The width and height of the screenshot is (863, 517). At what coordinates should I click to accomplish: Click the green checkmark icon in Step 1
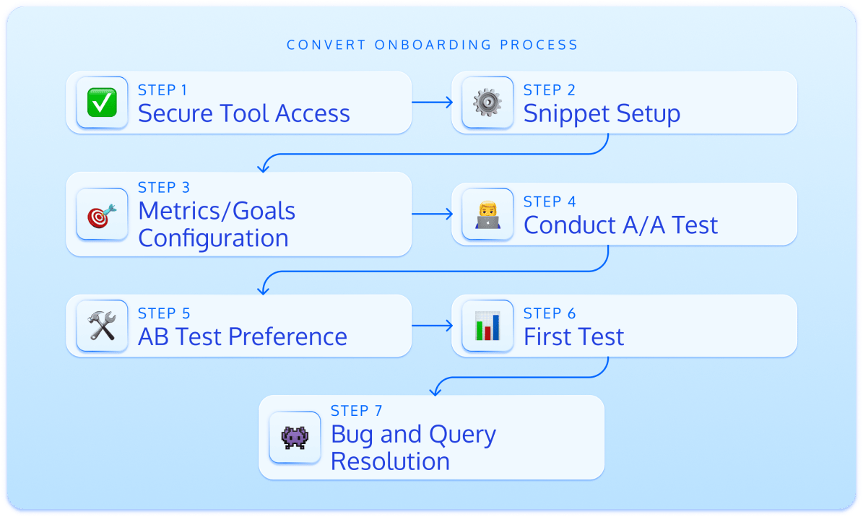point(102,103)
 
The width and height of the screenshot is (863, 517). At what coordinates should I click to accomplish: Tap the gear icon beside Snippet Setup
point(487,103)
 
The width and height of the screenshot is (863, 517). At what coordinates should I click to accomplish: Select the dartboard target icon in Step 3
point(102,214)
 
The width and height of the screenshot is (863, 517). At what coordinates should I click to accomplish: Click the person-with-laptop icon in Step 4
point(487,214)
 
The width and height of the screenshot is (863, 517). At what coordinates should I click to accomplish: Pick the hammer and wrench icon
point(102,326)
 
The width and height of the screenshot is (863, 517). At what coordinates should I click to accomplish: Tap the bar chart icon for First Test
point(487,326)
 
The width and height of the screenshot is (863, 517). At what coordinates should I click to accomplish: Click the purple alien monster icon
point(295,437)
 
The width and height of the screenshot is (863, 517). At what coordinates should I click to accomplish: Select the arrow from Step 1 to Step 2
point(432,103)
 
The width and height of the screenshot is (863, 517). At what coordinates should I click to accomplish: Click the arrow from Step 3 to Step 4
point(432,214)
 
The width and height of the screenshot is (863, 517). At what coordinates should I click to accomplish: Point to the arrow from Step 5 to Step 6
point(432,326)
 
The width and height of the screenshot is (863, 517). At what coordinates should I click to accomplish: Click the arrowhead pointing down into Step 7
point(434,391)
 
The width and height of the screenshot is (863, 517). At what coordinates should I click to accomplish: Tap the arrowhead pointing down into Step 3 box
point(263,168)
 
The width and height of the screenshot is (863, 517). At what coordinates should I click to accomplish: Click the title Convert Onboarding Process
point(432,45)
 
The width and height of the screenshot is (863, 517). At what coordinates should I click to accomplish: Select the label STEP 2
point(550,90)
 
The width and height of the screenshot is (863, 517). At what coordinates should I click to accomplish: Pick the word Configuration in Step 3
point(213,238)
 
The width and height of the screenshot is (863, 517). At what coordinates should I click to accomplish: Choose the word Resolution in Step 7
point(390,461)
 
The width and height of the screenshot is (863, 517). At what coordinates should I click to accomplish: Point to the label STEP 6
point(550,313)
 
